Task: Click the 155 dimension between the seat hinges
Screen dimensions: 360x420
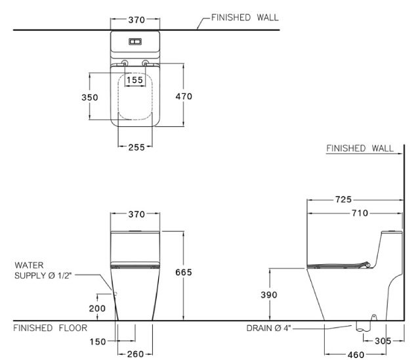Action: coord(135,79)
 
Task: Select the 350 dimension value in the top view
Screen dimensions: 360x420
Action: coord(90,97)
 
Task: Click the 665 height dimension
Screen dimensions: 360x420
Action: coord(183,273)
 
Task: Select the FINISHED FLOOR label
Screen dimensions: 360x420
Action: coord(49,327)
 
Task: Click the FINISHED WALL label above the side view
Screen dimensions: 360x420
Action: coord(360,149)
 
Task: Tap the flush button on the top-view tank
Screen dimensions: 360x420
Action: coord(135,41)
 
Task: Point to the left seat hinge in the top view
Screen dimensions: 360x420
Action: coord(125,64)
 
